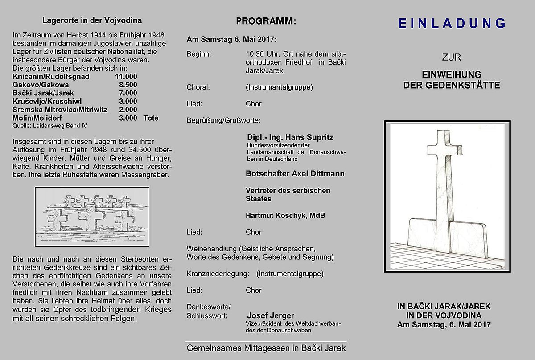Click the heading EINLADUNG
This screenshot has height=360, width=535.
(452, 23)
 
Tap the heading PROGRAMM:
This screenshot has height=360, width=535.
(266, 21)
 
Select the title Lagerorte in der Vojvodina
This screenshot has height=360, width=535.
(92, 20)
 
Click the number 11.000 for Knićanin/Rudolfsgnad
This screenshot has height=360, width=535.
(126, 77)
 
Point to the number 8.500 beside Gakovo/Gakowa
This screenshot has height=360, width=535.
(128, 85)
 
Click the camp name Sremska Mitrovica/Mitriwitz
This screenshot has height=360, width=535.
(60, 110)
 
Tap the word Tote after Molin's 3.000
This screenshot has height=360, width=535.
(151, 118)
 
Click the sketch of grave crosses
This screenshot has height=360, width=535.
(92, 217)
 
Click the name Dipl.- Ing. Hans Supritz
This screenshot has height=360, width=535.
(290, 137)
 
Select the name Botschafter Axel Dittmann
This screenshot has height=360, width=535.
(295, 173)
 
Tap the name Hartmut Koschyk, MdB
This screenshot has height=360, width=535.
(285, 216)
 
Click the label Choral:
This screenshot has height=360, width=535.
(198, 87)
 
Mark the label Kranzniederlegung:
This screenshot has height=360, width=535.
(218, 274)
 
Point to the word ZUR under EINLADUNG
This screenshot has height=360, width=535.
(451, 57)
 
